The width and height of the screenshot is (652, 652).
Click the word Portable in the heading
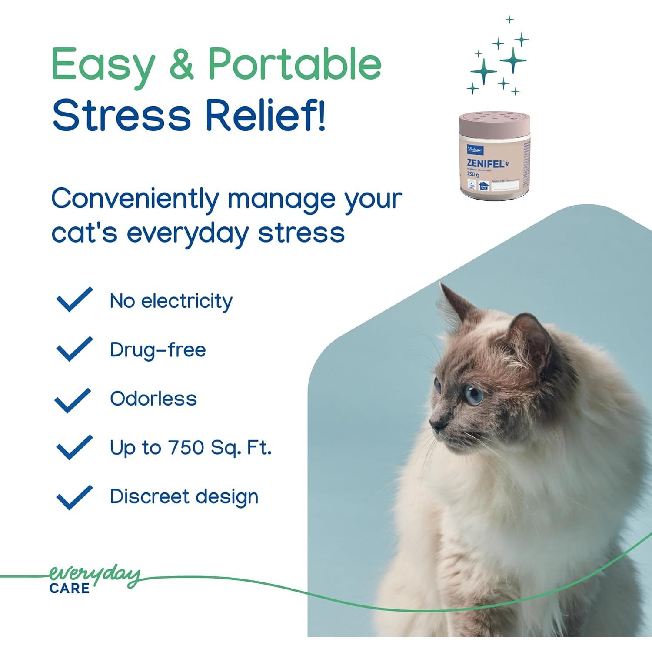tap(294, 64)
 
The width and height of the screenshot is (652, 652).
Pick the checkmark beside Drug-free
tap(74, 349)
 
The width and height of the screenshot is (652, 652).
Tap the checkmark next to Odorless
tap(73, 400)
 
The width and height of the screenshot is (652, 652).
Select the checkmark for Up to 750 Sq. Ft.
tap(74, 447)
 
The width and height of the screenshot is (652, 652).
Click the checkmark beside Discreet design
tap(74, 497)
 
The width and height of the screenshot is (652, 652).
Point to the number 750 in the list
tap(186, 447)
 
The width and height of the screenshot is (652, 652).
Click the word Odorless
tap(153, 399)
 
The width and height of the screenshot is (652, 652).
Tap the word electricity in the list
tap(187, 301)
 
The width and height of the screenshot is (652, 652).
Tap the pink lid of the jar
tap(494, 122)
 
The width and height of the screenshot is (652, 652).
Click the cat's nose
tap(435, 424)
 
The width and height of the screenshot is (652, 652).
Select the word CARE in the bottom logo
tap(70, 589)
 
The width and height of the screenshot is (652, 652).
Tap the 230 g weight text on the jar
tap(473, 174)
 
